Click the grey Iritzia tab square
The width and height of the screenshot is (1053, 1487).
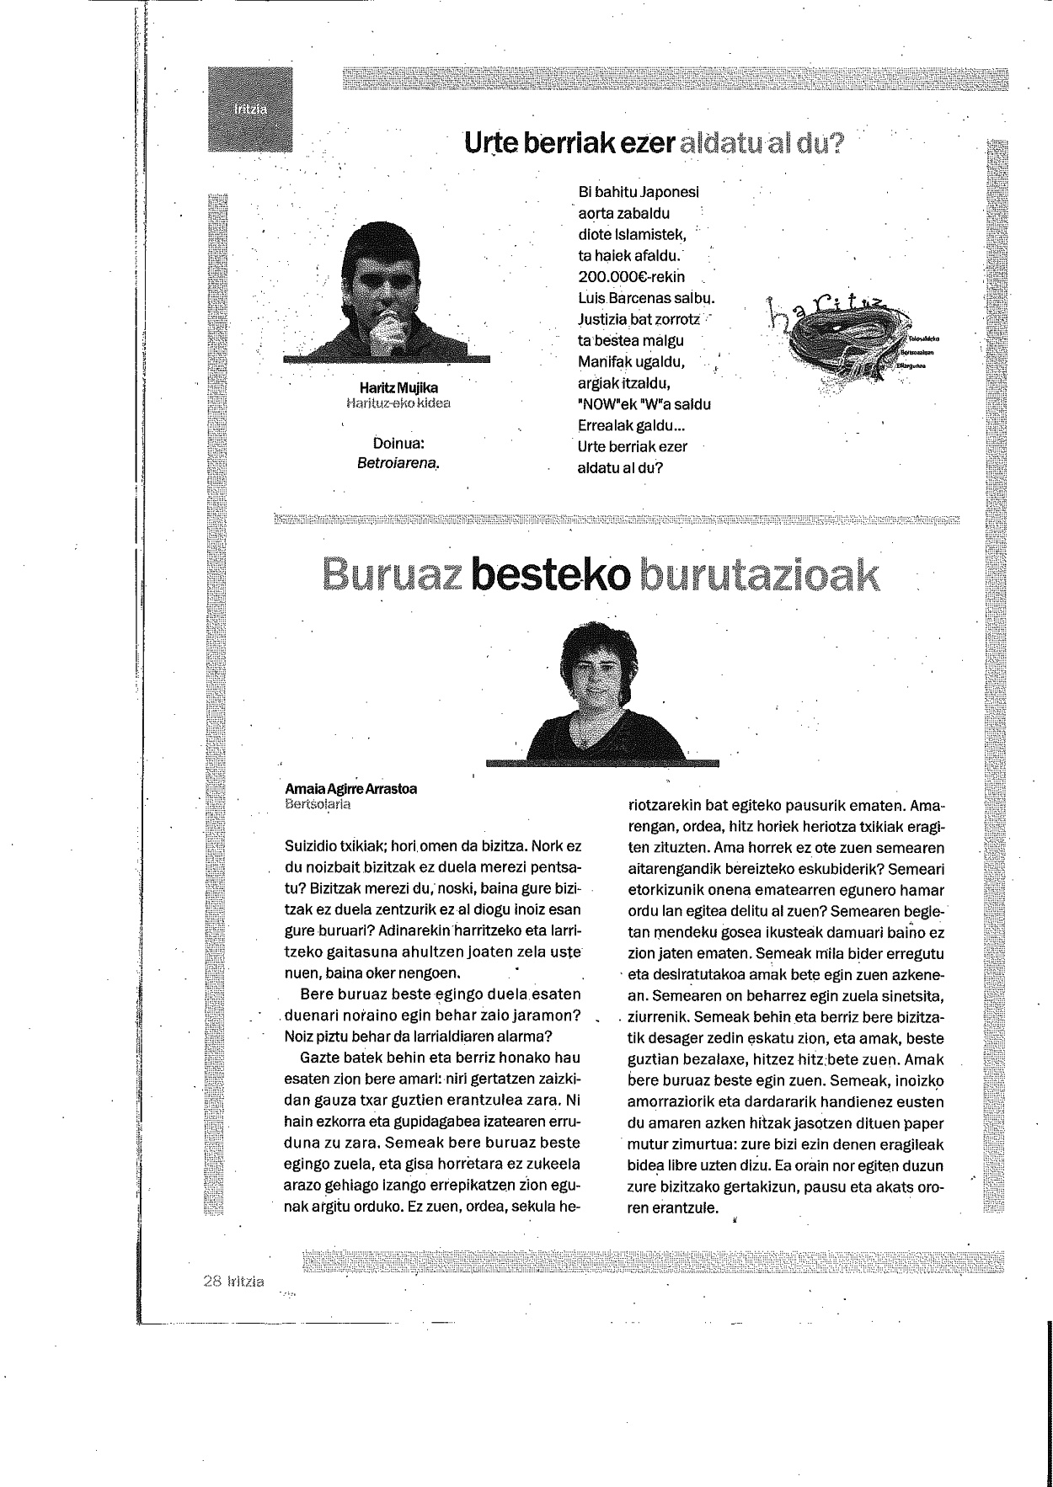(x=250, y=109)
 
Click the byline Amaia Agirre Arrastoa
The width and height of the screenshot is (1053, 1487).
(x=350, y=789)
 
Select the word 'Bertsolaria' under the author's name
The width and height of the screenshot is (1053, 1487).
(x=318, y=803)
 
